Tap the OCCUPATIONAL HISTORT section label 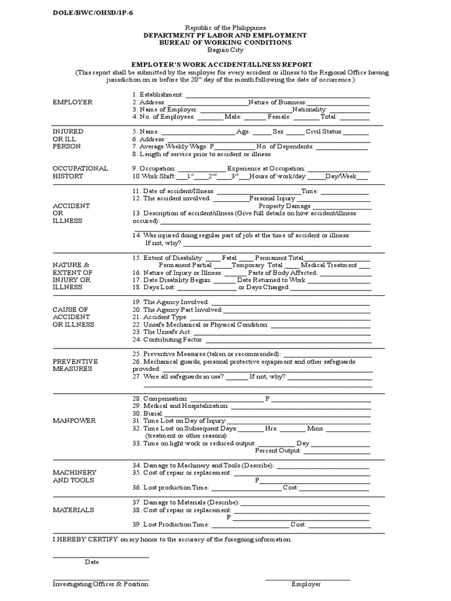80,172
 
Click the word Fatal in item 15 230,258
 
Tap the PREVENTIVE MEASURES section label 75,365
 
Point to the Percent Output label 278,451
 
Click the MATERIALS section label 73,510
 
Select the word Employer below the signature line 306,584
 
